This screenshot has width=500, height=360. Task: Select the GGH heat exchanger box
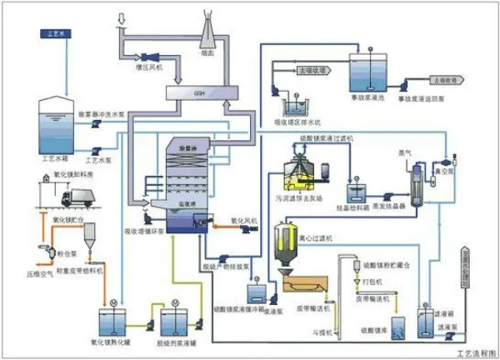pos(197,92)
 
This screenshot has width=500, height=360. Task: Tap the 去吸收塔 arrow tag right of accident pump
pos(444,80)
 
